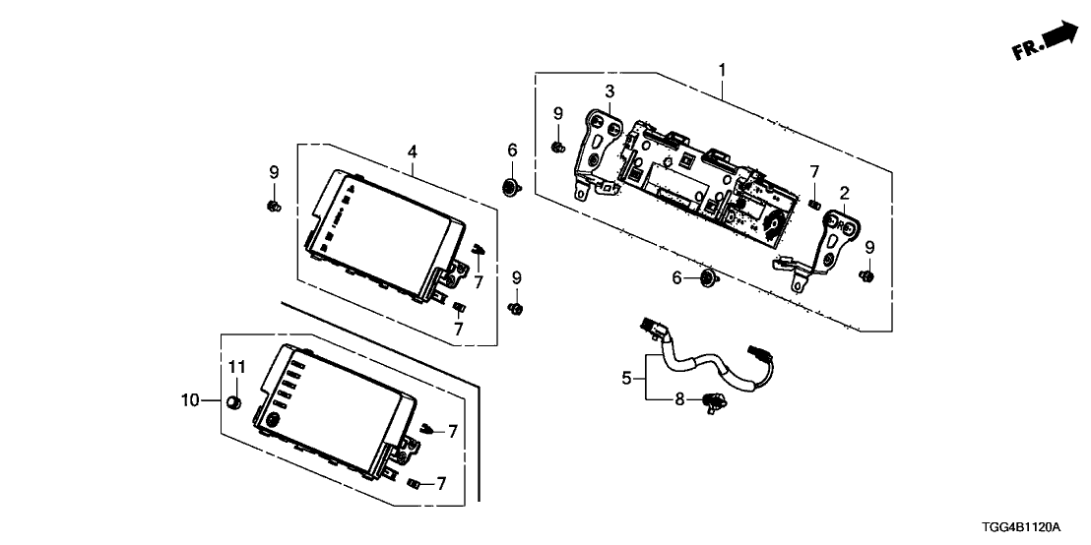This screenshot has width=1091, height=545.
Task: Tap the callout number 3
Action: pos(610,92)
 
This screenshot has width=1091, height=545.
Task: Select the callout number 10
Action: pos(191,400)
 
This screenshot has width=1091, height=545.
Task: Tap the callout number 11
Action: pos(235,367)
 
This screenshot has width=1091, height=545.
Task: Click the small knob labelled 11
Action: pos(234,401)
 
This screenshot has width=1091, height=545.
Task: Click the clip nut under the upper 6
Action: pos(512,187)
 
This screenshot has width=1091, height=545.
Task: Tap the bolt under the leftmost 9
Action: pos(273,205)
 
